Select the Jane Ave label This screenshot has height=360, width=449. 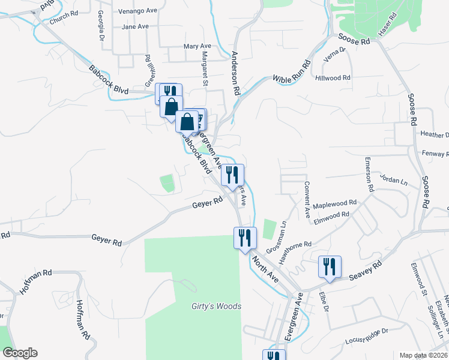[x=134, y=26]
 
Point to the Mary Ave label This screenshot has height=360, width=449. [x=197, y=46]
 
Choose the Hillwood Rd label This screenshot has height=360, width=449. [x=333, y=78]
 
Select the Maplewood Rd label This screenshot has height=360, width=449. [x=334, y=205]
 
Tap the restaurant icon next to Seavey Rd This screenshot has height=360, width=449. [x=330, y=266]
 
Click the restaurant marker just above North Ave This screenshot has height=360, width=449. [x=245, y=238]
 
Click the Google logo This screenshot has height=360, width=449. [x=20, y=353]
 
